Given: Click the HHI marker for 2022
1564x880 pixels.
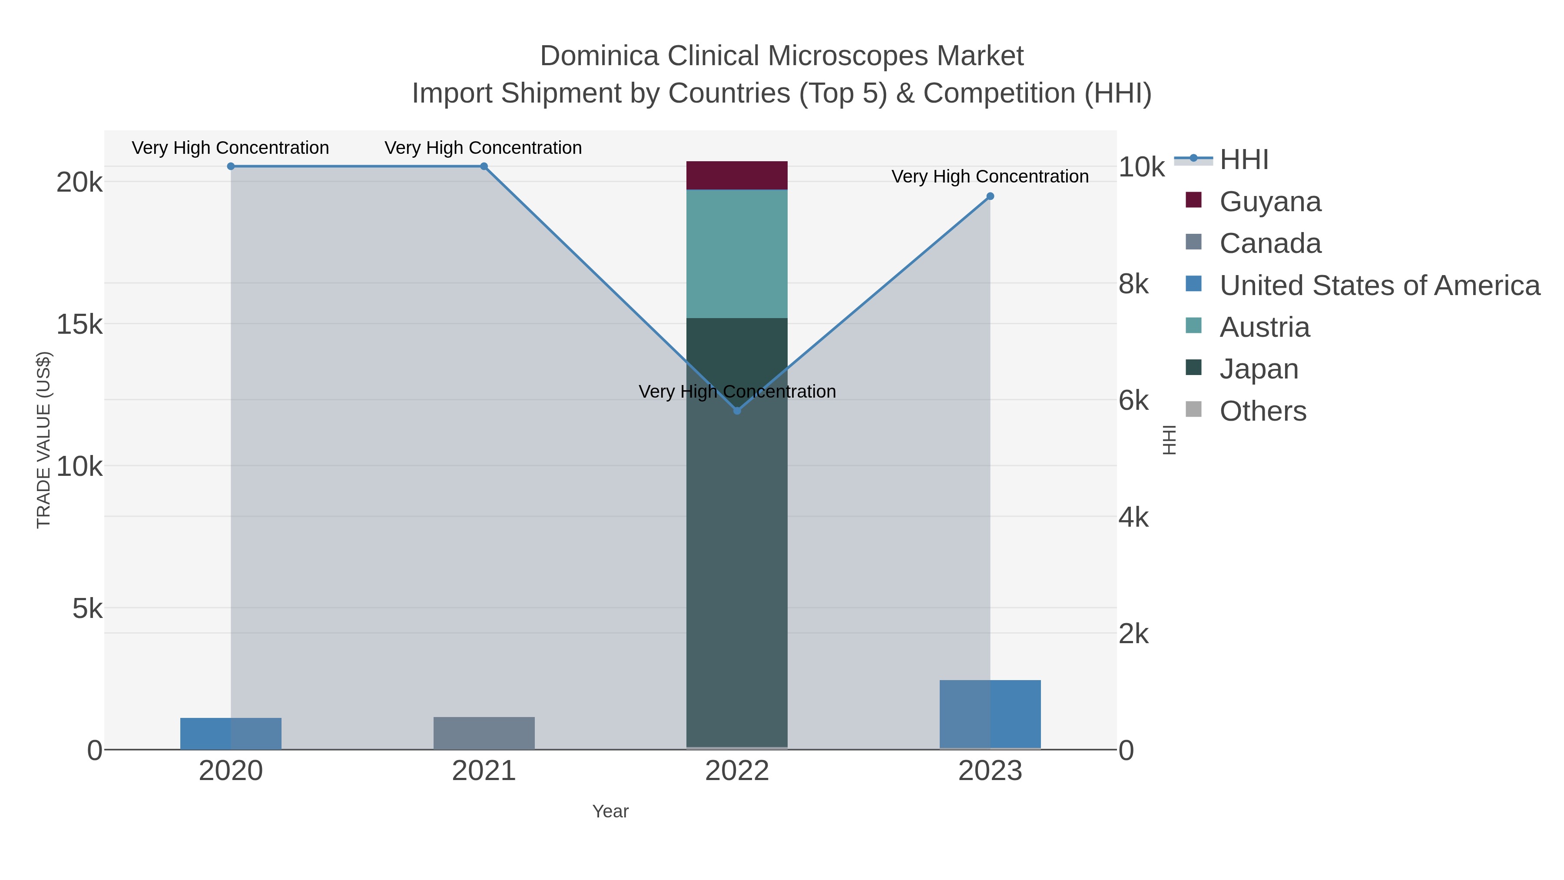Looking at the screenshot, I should [x=737, y=411].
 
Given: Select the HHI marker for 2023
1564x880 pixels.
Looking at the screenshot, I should [x=990, y=196].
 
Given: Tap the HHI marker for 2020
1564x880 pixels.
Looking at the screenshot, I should [x=231, y=166].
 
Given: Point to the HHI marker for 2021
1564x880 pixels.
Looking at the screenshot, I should [x=484, y=166].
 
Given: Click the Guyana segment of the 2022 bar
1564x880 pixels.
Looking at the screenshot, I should [x=737, y=176].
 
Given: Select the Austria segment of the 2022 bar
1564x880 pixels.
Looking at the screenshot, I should [x=737, y=254].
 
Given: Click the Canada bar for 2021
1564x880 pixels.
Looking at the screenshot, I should [x=484, y=733].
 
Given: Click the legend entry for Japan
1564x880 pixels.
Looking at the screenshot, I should [x=1259, y=369].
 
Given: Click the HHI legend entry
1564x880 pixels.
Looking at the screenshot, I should [x=1243, y=160].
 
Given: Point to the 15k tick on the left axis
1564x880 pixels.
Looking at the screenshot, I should [x=80, y=325].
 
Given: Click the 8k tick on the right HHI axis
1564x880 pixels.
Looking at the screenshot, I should [x=1133, y=284].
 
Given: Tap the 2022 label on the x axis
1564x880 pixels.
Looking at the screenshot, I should [x=737, y=771].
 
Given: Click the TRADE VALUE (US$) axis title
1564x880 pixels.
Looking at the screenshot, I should [x=44, y=440].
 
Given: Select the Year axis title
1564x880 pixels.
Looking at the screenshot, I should [x=610, y=811].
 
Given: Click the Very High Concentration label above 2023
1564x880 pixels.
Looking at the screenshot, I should [x=990, y=177].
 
